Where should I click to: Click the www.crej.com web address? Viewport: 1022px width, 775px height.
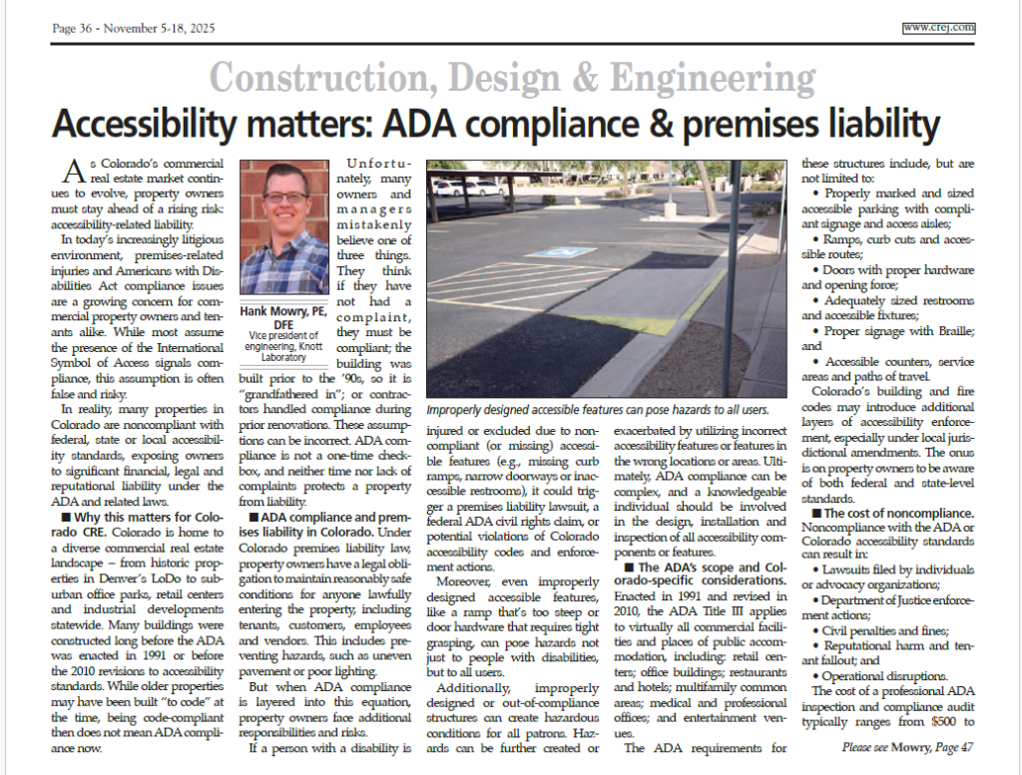pos(938,28)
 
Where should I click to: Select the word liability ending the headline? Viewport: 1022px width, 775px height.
pos(875,126)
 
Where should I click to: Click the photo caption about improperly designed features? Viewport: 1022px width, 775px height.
pos(597,410)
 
